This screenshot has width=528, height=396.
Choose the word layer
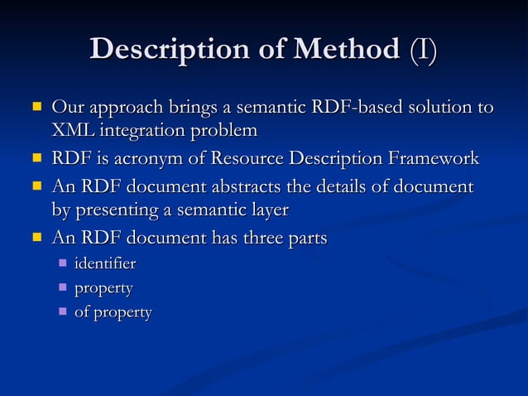pos(268,210)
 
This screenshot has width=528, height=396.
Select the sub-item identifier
pos(105,264)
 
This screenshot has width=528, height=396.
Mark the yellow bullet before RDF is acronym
pos(36,157)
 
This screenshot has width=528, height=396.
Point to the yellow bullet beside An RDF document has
pos(36,237)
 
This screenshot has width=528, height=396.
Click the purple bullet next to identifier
pos(62,263)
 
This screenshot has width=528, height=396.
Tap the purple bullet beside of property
pos(62,311)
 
